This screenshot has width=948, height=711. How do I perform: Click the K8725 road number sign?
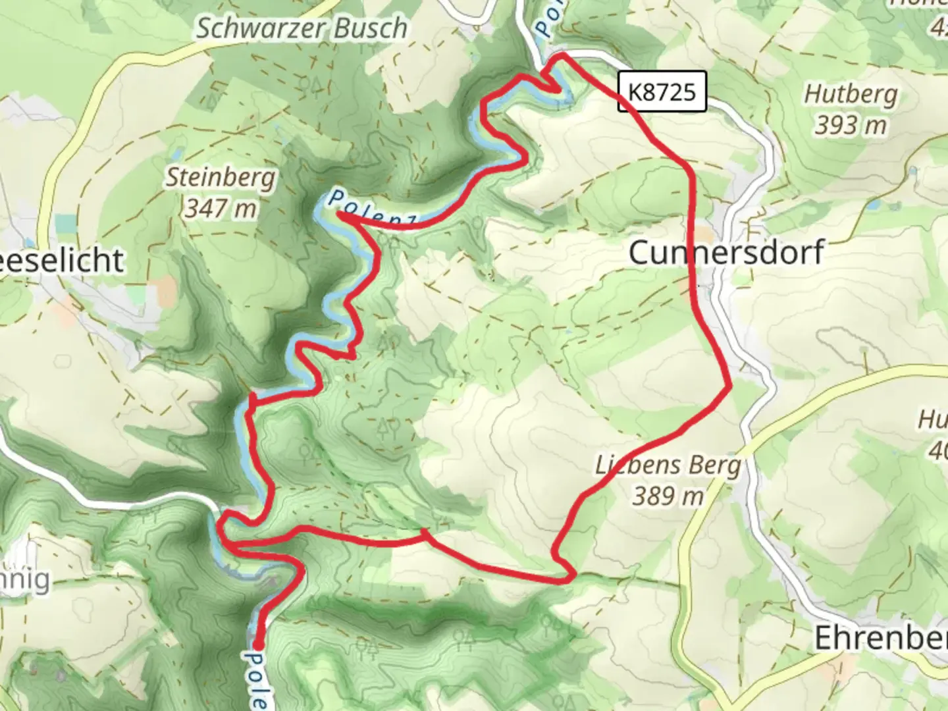[x=662, y=91]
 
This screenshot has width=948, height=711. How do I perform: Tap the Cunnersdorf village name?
[x=725, y=253]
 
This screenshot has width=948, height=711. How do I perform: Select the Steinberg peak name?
[x=221, y=178]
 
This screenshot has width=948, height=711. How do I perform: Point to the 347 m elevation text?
[x=221, y=209]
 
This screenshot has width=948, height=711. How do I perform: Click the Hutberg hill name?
[x=851, y=94]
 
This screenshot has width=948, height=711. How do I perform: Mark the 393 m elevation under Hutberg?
[x=851, y=124]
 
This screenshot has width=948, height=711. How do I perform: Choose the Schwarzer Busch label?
[x=302, y=28]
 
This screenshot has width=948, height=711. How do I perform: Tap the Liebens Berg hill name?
[x=668, y=465]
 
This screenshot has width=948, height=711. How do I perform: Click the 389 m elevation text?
[x=668, y=496]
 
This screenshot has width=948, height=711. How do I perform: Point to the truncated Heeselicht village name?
[x=63, y=261]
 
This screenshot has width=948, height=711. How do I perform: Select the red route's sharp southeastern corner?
[x=573, y=577]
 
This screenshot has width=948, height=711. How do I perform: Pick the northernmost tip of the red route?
[x=563, y=57]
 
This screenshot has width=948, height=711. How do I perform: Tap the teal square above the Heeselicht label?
[x=65, y=224]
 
